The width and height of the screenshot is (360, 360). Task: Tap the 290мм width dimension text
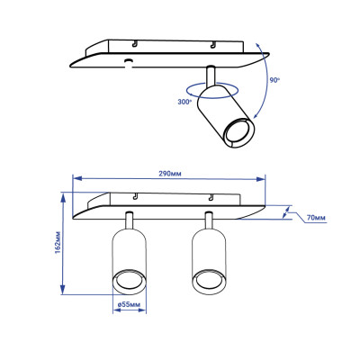point(166,172)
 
